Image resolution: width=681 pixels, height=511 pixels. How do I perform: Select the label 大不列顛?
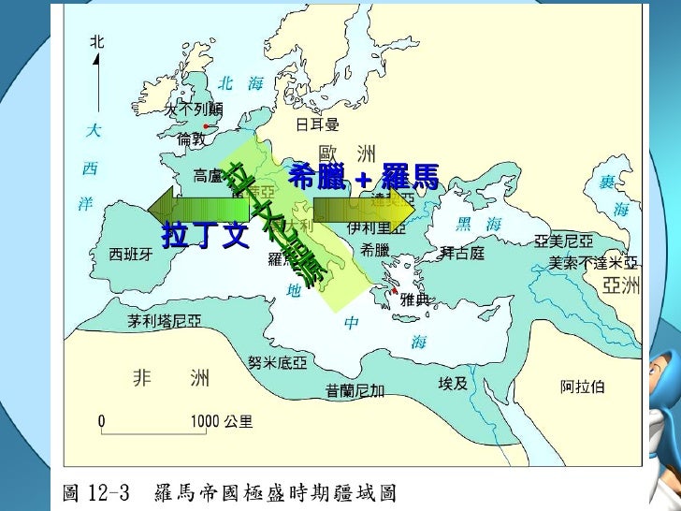coord(194,109)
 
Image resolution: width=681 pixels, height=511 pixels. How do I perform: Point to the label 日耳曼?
coord(317,124)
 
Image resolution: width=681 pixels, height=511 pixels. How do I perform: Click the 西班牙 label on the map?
coord(131,254)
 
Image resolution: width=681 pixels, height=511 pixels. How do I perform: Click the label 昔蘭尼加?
coord(355,390)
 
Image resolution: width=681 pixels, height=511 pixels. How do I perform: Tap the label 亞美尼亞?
coord(563,241)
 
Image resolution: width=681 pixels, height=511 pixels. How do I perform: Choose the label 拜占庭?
coord(462,254)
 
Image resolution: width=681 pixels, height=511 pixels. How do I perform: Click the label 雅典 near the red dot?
coord(414,299)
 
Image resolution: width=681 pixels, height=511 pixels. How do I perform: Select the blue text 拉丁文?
coord(205,235)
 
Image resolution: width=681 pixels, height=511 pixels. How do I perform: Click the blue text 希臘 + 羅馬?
coord(363,176)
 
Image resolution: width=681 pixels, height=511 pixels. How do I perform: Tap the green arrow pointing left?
coord(198,205)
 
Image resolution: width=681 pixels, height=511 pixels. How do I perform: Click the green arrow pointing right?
coord(363,208)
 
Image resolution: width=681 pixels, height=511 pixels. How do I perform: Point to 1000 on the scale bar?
coord(205,422)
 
